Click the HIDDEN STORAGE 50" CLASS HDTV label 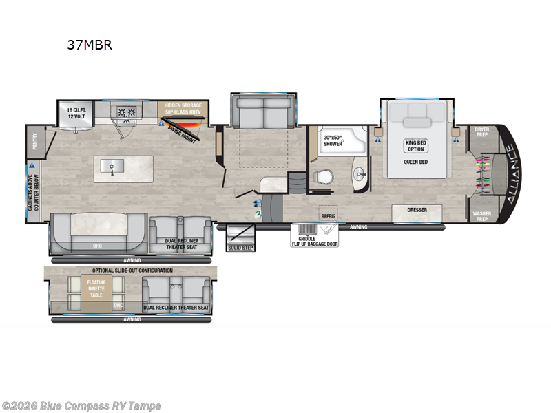tap(183, 109)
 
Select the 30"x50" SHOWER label tap(333, 140)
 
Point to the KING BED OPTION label tap(416, 146)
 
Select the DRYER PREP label tap(482, 131)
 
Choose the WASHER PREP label tap(482, 215)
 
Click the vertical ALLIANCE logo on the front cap tap(510, 171)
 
